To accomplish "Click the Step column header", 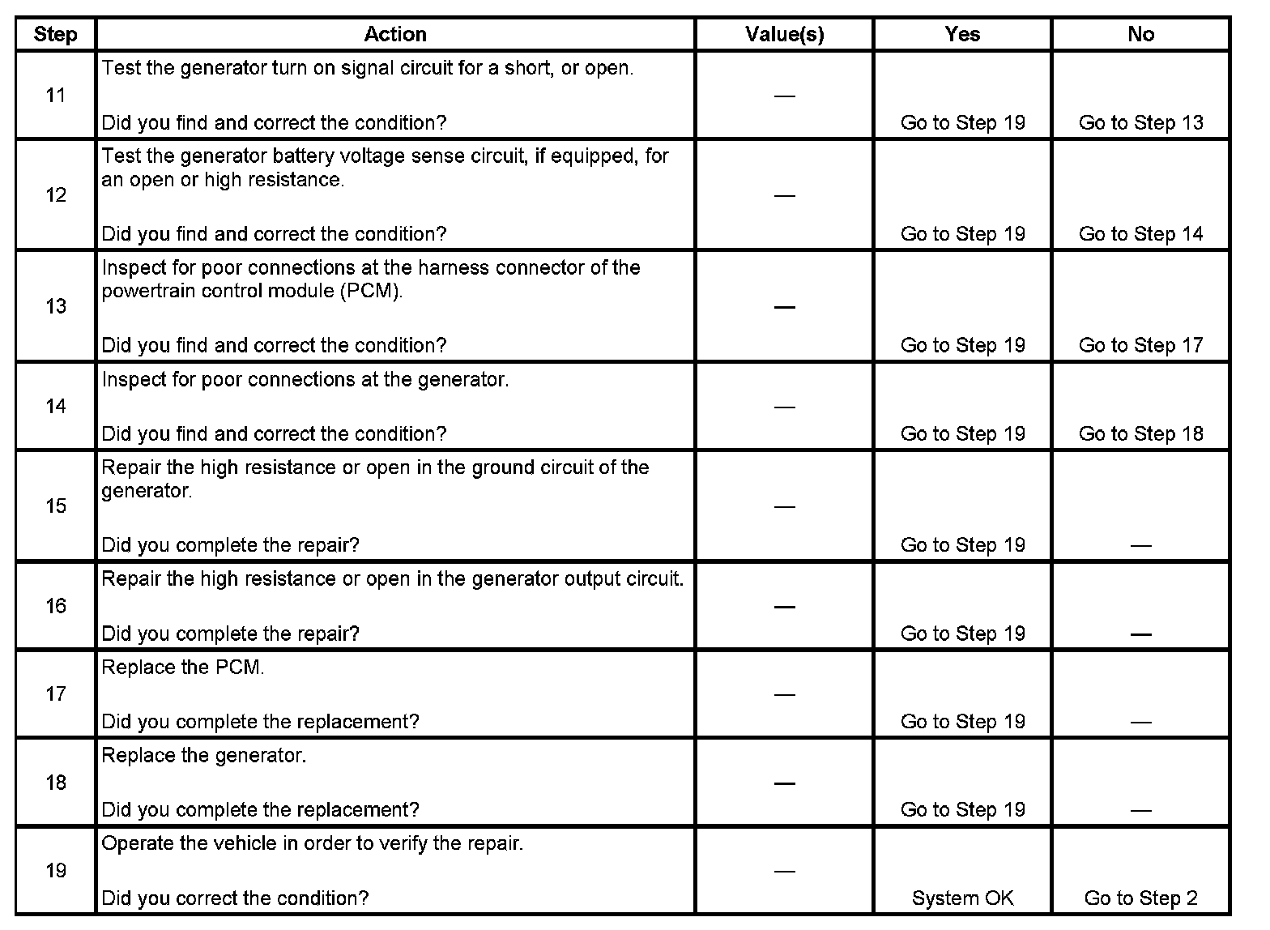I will point(55,34).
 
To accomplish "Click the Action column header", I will point(394,34).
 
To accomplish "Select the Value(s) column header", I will point(784,34).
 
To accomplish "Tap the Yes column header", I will point(962,34).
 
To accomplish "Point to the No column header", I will point(1140,34).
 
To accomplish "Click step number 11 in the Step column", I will point(55,96).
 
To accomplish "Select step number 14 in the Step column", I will point(55,406).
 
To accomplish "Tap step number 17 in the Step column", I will point(55,693).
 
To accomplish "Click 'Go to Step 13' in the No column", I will point(1140,122).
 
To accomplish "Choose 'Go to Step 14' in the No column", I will point(1140,233).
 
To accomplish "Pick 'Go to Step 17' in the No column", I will point(1140,345).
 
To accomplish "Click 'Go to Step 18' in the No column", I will point(1140,433).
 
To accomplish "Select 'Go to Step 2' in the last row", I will point(1140,898).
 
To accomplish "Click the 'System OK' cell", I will point(962,898).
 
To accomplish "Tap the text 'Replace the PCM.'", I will point(183,668).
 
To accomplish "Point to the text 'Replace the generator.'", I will point(204,756).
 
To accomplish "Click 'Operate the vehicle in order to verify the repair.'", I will point(313,843).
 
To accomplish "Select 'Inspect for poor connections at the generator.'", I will point(305,379).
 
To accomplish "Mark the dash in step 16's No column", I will point(1140,634).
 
